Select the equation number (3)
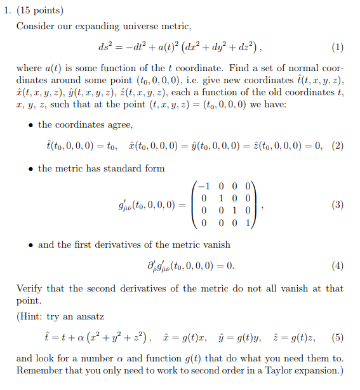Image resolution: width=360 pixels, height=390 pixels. point(337,205)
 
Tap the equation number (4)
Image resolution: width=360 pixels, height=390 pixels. point(337,265)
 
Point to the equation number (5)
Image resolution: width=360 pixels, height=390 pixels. point(337,337)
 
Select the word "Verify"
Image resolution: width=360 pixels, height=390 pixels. point(30,288)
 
